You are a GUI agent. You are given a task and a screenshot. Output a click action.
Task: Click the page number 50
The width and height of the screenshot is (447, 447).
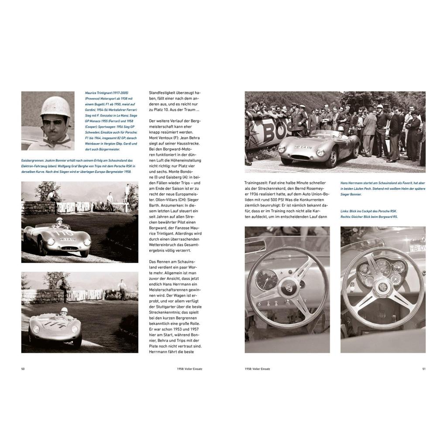point(23,369)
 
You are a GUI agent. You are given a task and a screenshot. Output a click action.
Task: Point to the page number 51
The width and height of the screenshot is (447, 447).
point(423,369)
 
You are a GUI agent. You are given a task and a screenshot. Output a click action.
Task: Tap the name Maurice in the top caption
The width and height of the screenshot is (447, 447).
point(92,93)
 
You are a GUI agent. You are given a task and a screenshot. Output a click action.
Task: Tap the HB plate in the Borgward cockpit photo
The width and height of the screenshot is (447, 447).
point(416,248)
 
